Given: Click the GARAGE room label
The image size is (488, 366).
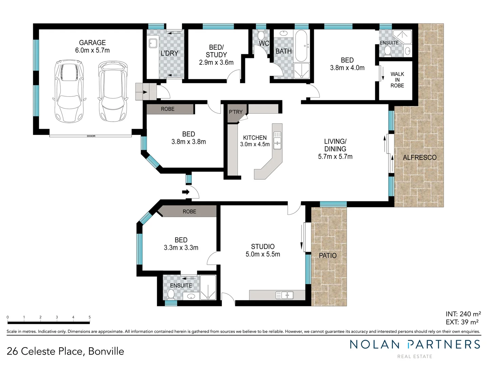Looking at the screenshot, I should (x=92, y=43).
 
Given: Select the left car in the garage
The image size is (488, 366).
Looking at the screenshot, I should (x=69, y=91).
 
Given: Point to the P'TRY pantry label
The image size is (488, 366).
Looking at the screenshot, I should (x=236, y=112).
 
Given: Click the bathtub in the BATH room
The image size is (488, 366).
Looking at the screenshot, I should (x=301, y=46).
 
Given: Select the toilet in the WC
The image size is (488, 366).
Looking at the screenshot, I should (x=261, y=35).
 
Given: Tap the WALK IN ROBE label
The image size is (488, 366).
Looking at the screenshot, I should (x=397, y=80).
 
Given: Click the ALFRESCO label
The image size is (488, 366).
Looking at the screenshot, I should (x=420, y=158).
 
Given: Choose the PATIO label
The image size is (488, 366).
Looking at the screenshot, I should (x=328, y=256).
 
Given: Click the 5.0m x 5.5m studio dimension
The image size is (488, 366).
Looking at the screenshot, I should (x=263, y=255).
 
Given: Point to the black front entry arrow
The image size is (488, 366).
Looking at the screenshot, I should (x=186, y=192).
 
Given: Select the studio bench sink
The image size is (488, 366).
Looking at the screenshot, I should (x=285, y=296).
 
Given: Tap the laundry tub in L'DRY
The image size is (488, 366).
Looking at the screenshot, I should (x=153, y=43).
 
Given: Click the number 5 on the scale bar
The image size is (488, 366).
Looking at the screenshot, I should (x=89, y=317).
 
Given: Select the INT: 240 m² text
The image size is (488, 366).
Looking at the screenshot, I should (x=463, y=314).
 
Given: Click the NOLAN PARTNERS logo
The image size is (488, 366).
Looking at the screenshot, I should (x=415, y=345).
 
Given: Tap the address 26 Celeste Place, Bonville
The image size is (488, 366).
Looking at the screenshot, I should (x=65, y=351).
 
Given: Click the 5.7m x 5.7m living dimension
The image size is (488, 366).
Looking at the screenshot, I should (x=335, y=157).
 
